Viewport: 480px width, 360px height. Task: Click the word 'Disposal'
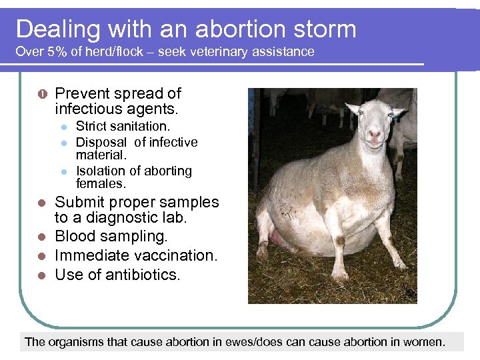(x=101, y=142)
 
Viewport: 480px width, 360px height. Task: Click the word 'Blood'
(x=75, y=236)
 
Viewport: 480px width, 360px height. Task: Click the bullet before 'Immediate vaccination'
(x=41, y=256)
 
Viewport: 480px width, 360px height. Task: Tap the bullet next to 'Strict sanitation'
(x=63, y=127)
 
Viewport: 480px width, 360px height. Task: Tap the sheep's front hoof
(x=341, y=275)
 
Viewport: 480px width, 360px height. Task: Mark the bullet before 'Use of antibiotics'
(x=41, y=275)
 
